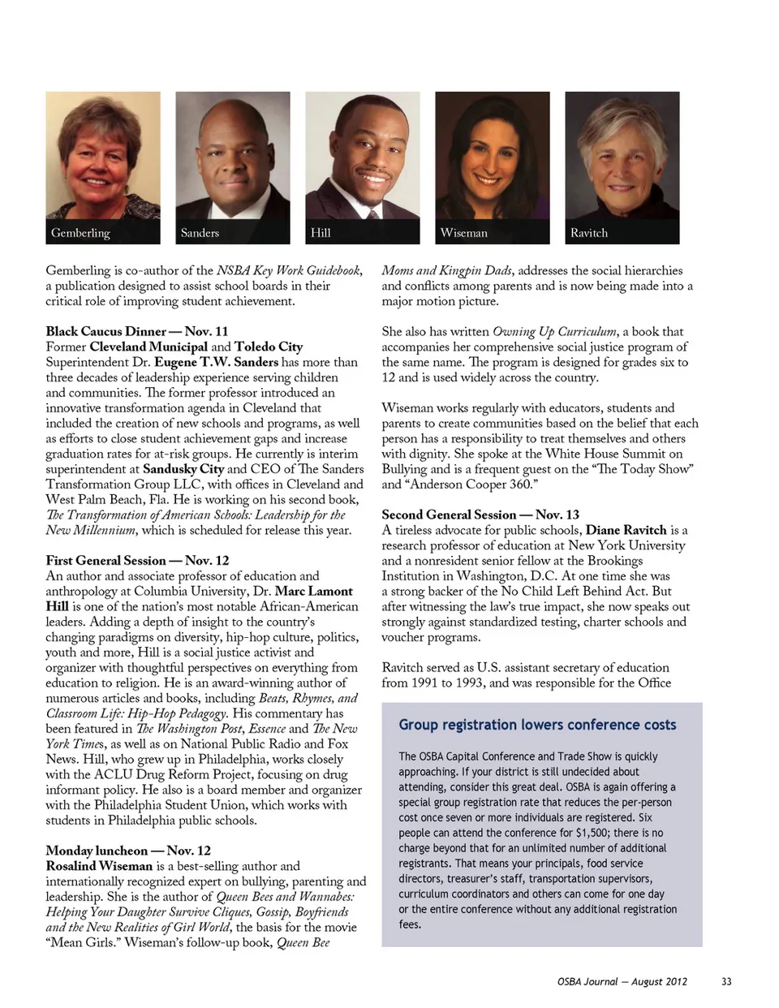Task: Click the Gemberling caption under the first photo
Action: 80,233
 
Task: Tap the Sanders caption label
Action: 200,233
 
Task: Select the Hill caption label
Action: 321,233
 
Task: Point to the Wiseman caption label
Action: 464,233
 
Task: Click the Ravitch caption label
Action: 588,233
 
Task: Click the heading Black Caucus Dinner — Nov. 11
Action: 136,331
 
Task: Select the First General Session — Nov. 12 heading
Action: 137,560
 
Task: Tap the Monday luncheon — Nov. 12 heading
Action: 128,851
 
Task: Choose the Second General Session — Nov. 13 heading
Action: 480,515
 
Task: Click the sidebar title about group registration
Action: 537,725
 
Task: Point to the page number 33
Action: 726,981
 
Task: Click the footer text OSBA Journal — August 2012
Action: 622,981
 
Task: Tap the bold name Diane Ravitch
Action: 626,530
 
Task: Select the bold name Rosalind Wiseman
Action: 99,866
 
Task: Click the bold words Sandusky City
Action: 183,469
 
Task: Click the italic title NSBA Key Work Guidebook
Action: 288,270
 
